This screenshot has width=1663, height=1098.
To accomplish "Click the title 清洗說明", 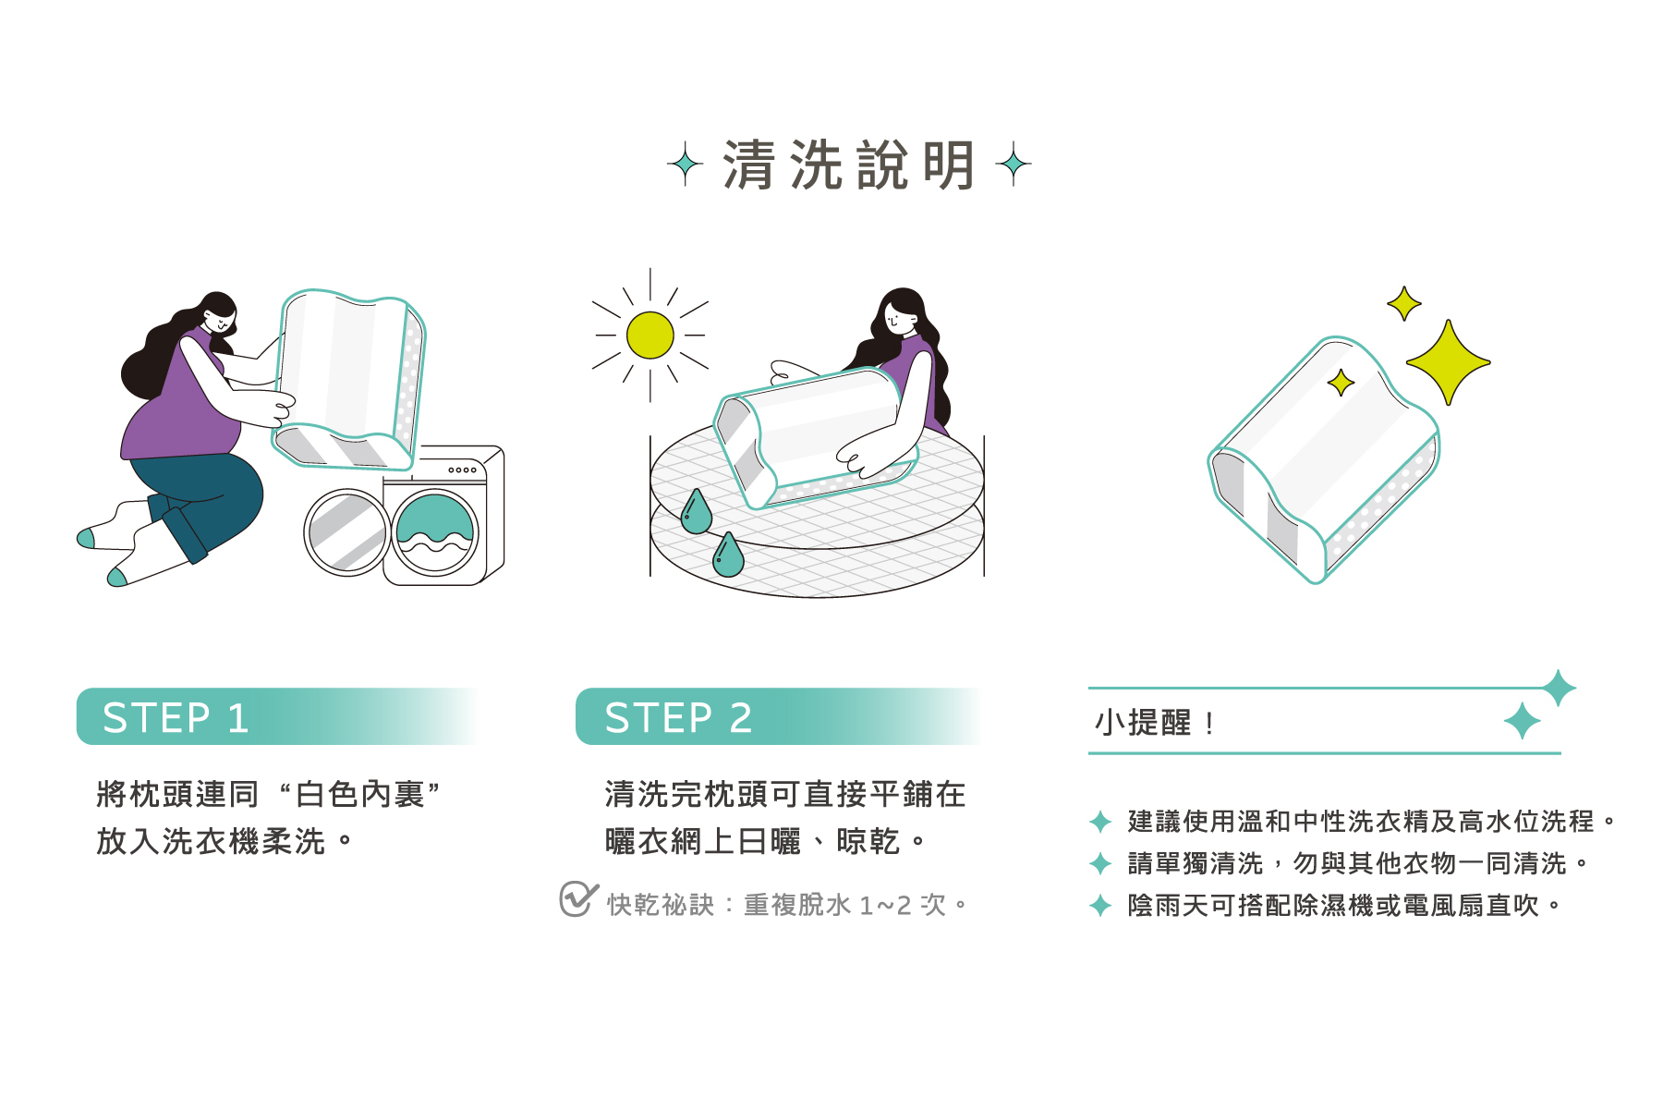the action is [848, 165].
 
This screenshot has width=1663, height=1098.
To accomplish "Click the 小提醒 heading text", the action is [1143, 723].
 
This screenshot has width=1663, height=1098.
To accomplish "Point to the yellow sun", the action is [649, 335].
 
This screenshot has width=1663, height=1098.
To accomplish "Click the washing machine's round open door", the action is [346, 532].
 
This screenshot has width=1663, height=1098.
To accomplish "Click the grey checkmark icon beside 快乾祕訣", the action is [577, 898].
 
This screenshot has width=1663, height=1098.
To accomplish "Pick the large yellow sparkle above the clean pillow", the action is [1448, 361].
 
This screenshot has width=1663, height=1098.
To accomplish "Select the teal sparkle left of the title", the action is [685, 165].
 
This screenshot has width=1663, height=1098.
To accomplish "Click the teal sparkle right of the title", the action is [1013, 165].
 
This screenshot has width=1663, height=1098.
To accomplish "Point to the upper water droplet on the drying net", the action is [696, 514].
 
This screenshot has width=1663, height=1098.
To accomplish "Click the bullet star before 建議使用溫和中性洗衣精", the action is [1099, 821].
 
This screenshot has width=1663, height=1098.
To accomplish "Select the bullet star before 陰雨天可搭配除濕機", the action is [1099, 906].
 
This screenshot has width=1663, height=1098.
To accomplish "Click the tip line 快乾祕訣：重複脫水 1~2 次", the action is [785, 905].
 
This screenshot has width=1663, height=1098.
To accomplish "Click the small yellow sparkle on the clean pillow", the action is [1341, 382].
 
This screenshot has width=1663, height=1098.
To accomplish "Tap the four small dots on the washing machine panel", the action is [462, 470].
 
